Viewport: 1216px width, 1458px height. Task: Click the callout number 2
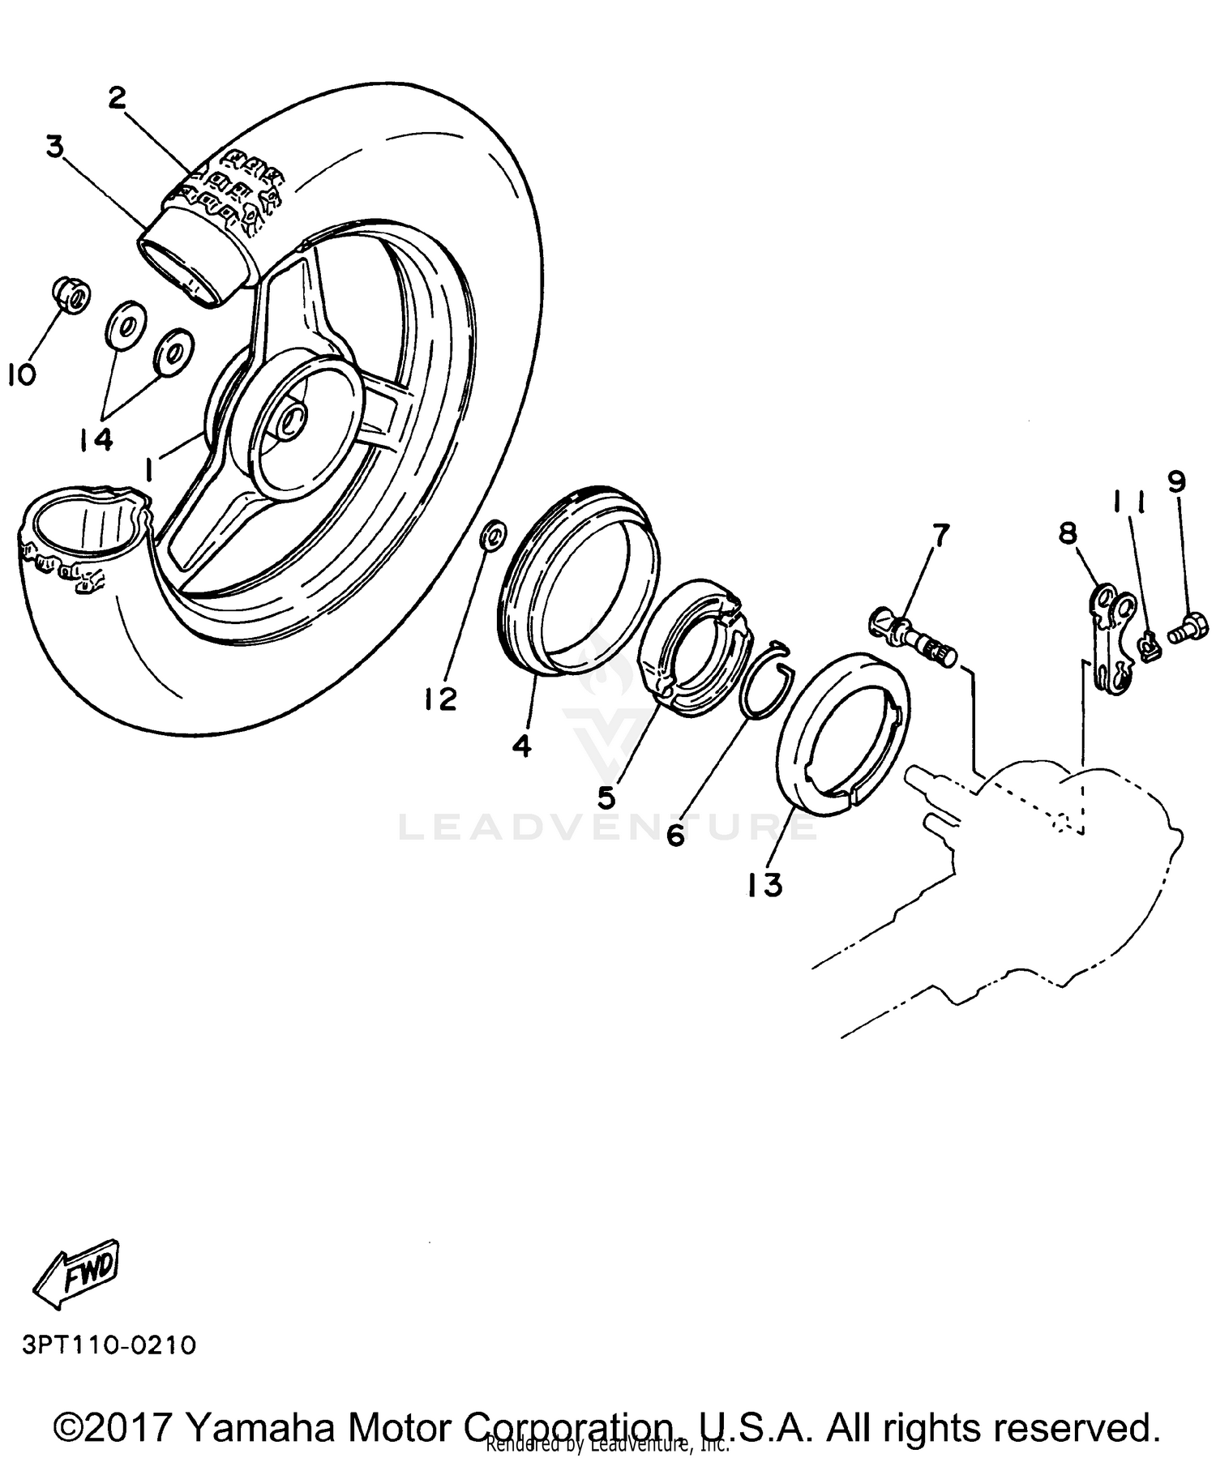point(118,99)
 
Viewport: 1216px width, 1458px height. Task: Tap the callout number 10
point(22,375)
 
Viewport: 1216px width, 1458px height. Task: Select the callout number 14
point(96,440)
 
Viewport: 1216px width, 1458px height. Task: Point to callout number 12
point(441,699)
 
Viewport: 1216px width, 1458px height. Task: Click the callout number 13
point(765,885)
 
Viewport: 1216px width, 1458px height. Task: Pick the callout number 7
point(940,537)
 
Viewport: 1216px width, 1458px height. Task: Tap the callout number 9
point(1176,481)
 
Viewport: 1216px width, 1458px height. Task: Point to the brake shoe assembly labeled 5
point(694,648)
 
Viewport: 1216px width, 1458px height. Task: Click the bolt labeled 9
point(1189,628)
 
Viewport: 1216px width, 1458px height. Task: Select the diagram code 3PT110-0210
point(109,1345)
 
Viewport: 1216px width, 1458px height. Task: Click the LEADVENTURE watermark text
point(608,827)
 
